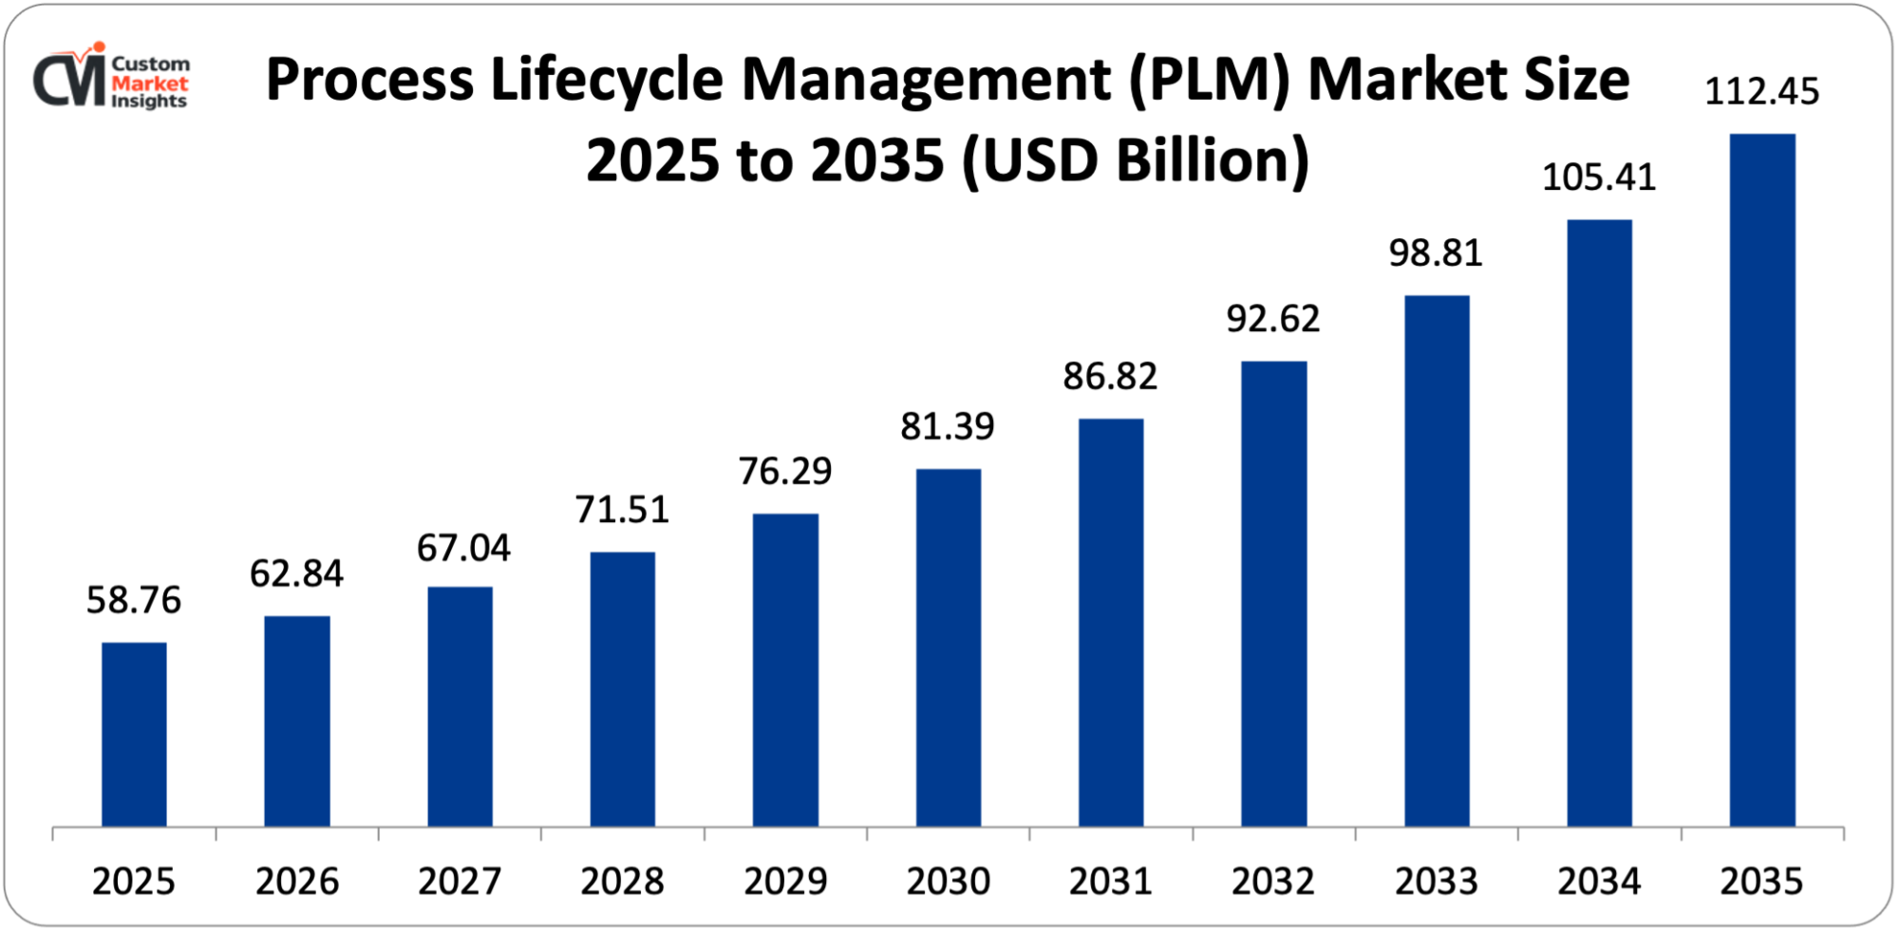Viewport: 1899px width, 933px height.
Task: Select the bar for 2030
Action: pos(949,647)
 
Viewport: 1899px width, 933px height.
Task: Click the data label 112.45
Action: pos(1762,92)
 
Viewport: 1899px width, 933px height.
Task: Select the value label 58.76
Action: pos(134,600)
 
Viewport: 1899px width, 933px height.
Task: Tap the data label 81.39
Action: pos(948,427)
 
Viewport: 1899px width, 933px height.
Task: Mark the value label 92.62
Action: pos(1273,319)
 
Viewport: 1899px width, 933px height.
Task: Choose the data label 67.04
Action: pos(463,548)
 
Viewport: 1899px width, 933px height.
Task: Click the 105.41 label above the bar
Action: pos(1599,177)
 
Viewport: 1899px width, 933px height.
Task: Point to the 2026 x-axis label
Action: pos(297,882)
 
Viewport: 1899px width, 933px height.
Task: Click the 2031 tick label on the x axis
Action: pos(1111,882)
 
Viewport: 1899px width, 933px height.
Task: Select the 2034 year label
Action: pos(1599,882)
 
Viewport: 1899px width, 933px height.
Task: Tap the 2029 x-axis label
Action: pos(785,882)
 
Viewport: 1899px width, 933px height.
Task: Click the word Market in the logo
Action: pos(150,84)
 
